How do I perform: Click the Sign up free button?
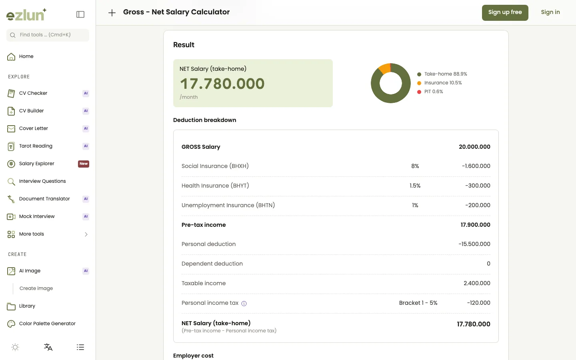coord(505,13)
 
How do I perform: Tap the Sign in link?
coord(550,12)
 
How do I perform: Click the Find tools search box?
coord(48,35)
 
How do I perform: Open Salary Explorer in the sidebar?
coord(36,164)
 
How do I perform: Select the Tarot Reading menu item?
coord(36,146)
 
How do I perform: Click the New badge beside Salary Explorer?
coord(84,164)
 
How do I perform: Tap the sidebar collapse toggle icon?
coord(80,14)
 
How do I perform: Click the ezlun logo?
coord(26,14)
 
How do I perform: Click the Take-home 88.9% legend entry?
coord(442,74)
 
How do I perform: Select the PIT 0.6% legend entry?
coord(430,92)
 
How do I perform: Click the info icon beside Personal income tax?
coord(244,304)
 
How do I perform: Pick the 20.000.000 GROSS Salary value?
coord(474,147)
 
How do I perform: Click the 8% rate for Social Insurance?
coord(415,166)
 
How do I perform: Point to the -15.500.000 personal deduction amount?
coord(474,244)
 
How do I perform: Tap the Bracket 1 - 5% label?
coord(418,303)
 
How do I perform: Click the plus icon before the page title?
coord(112,13)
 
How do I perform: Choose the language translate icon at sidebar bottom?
coord(48,347)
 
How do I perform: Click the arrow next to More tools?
coord(86,234)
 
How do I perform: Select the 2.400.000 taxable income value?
coord(477,283)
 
